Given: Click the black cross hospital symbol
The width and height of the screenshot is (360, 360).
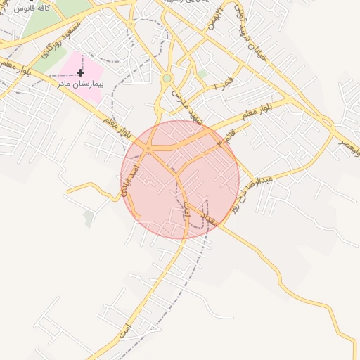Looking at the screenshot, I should click(x=80, y=72).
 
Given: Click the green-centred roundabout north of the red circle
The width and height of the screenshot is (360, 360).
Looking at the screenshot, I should click(x=167, y=79).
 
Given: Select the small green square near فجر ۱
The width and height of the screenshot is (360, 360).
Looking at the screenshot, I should click(x=202, y=73).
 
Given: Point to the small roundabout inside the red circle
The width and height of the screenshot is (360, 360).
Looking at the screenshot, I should click(x=148, y=149).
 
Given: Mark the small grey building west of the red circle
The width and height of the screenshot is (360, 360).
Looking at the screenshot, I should click(x=88, y=219).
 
